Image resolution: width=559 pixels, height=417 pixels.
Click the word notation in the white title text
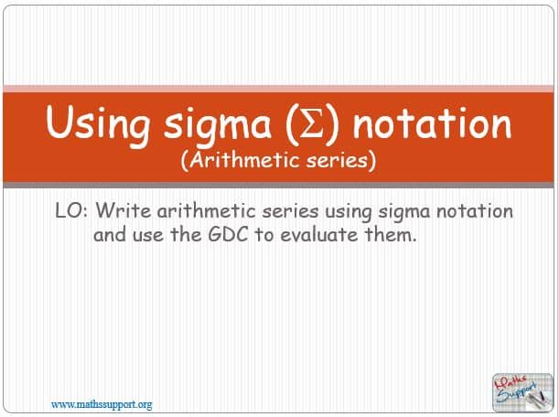[x=432, y=122]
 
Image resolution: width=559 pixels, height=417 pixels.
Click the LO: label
[x=71, y=210]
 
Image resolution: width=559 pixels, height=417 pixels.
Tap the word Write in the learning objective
[x=124, y=210]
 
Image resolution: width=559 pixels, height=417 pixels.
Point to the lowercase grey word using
[x=349, y=212]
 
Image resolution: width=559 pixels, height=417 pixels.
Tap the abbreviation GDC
[x=228, y=234]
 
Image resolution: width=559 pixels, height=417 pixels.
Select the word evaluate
[x=318, y=234]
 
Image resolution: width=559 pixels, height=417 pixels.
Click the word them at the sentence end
[x=388, y=234]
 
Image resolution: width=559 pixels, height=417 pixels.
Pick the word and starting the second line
[x=110, y=234]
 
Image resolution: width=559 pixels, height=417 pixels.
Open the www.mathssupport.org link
[x=102, y=405]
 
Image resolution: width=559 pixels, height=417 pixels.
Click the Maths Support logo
[x=522, y=392]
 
